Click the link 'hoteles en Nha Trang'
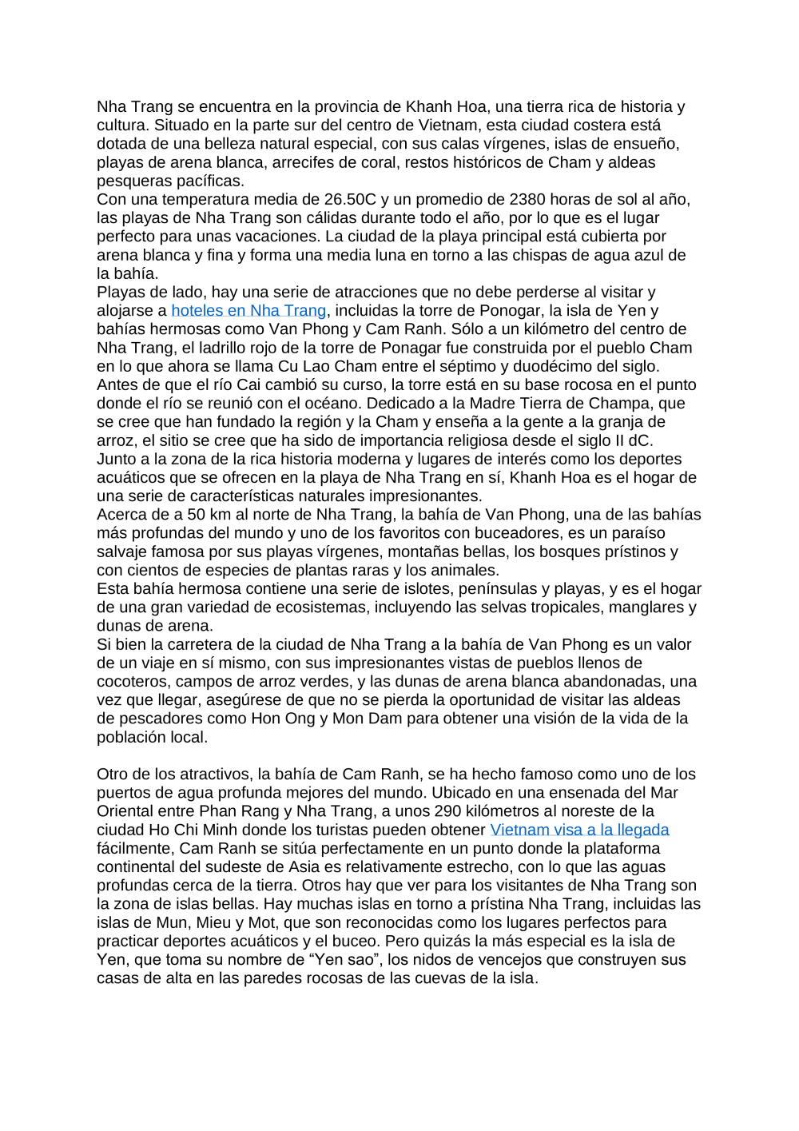point(248,311)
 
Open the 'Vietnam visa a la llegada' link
point(579,830)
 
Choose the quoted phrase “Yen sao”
point(341,960)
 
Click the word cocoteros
point(133,682)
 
